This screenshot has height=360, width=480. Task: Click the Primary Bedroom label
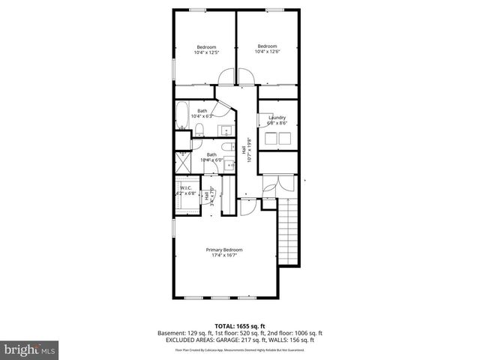pos(224,250)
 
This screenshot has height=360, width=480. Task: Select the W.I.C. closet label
pos(184,188)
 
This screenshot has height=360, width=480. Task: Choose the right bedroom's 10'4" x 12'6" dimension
pos(267,51)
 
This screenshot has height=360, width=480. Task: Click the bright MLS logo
pos(30,349)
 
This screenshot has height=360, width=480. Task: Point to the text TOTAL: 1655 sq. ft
pos(239,325)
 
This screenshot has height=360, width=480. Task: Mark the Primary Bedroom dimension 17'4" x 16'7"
pos(224,255)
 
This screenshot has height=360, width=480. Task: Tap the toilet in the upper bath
pos(200,133)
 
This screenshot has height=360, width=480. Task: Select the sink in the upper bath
pos(226,131)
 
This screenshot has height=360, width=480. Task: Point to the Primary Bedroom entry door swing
pos(247,208)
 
